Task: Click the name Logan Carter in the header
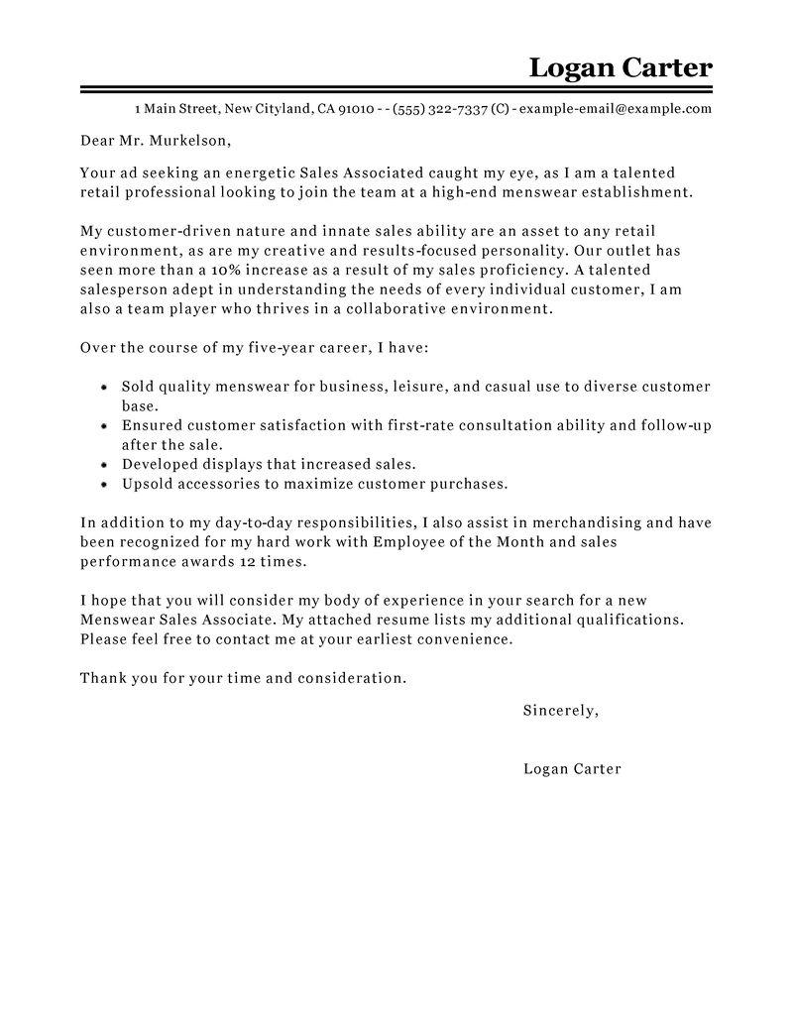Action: click(620, 67)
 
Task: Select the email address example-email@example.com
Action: click(616, 109)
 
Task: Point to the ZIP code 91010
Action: click(355, 109)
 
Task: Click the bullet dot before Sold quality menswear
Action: click(105, 388)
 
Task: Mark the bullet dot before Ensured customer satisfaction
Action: click(105, 425)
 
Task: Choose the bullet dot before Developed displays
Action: click(105, 464)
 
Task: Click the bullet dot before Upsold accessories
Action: click(105, 485)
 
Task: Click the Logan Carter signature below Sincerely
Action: click(572, 768)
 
